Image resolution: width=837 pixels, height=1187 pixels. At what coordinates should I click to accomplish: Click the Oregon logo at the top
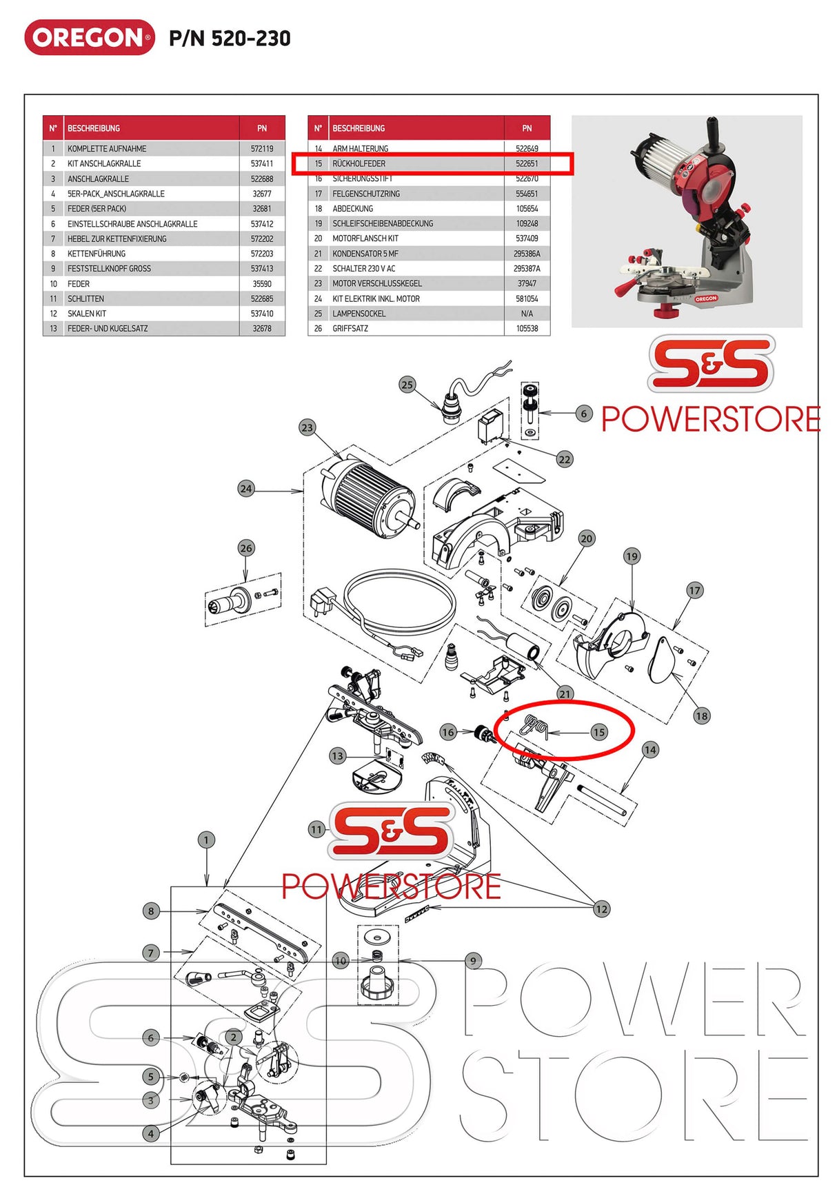coord(90,37)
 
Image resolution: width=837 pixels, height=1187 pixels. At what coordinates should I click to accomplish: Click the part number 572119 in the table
coord(262,149)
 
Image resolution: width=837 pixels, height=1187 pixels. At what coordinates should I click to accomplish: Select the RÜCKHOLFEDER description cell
coord(359,164)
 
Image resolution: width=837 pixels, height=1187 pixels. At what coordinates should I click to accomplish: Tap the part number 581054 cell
coord(527,299)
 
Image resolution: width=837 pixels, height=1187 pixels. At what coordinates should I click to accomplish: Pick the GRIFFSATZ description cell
coord(350,329)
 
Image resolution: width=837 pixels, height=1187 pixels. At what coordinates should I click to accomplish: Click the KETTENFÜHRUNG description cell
coord(97,254)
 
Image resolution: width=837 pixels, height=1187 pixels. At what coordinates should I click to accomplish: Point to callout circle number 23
coord(307,427)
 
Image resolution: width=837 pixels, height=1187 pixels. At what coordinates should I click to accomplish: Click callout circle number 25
coord(407,385)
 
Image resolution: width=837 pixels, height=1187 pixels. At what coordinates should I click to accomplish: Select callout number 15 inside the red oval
coord(598,732)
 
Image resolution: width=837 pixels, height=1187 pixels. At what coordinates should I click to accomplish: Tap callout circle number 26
coord(246,549)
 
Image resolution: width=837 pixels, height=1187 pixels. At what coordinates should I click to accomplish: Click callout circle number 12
coord(601,909)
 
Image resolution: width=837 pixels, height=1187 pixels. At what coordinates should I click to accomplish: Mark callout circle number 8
coord(152,911)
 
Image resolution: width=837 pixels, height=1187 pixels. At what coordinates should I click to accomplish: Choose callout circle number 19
coord(632,556)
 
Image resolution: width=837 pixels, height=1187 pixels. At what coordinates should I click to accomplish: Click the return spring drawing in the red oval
coord(536,726)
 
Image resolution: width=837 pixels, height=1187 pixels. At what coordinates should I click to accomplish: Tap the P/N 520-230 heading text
coord(230,39)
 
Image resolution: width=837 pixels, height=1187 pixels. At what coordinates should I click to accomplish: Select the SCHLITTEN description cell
coord(85,299)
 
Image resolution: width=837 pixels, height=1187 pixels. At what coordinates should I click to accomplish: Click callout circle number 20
coord(586,538)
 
